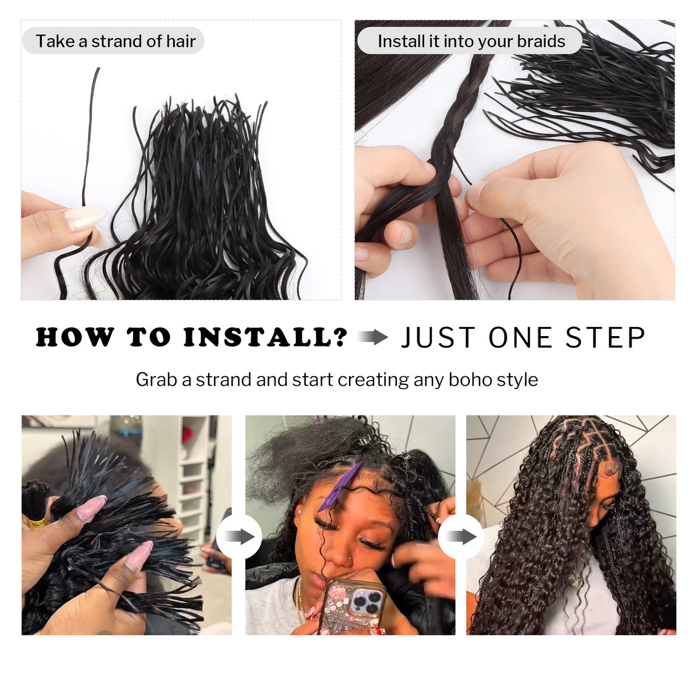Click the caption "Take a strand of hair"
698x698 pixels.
pos(116,41)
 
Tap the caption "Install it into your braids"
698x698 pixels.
pos(471,41)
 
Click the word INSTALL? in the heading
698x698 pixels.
pos(266,337)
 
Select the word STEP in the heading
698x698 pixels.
pos(606,337)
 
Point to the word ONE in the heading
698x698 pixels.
pos(521,337)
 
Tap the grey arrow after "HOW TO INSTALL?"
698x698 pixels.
pos(373,337)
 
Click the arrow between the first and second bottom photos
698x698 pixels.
pos(239,536)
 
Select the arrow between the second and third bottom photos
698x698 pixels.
pos(461,536)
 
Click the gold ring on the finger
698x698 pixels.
pos(36,523)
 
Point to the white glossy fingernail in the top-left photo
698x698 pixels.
pos(85,218)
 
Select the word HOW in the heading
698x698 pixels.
pos(74,337)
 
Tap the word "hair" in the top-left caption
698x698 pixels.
pos(181,41)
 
